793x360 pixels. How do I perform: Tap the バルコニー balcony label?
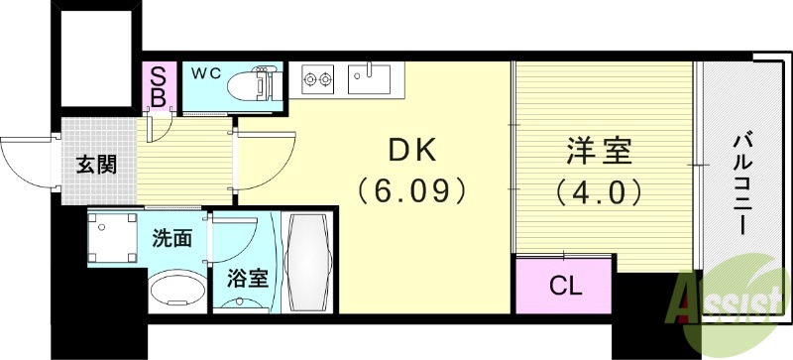(x=739, y=183)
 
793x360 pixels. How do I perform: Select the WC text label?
(x=205, y=72)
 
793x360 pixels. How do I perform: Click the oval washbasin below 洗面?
(x=176, y=292)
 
